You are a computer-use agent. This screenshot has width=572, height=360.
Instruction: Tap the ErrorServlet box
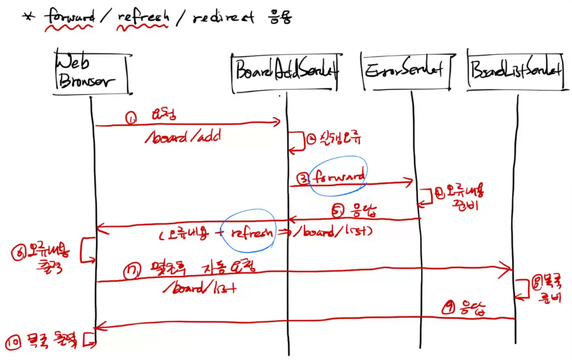404,71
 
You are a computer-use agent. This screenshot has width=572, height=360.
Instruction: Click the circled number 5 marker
338,211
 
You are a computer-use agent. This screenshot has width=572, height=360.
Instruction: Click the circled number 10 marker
14,342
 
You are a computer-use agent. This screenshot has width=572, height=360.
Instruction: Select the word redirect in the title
223,19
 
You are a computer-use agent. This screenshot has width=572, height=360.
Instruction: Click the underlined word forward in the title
69,18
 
